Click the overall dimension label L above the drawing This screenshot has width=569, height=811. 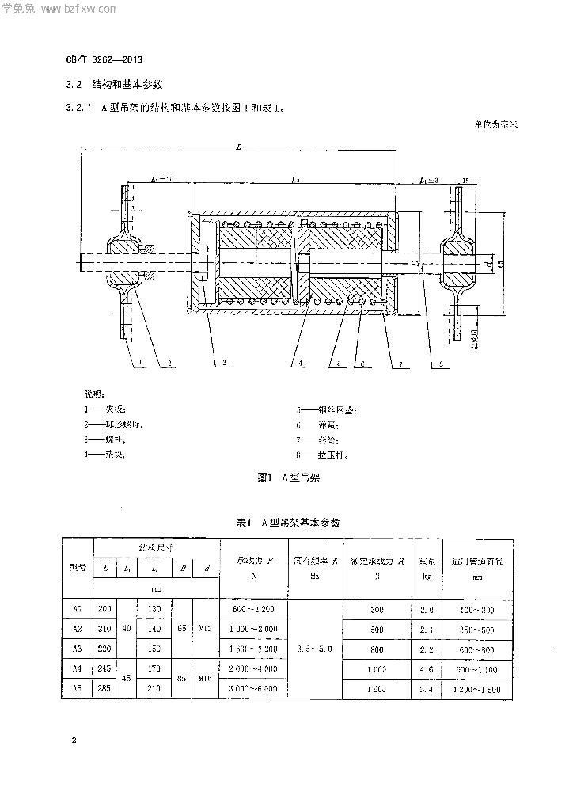tap(238, 147)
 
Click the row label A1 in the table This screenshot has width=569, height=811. tap(78, 609)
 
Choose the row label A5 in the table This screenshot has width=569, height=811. tap(78, 689)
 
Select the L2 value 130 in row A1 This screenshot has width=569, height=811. tap(154, 609)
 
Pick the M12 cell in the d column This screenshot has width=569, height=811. tap(207, 629)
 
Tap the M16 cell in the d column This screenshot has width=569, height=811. tap(207, 679)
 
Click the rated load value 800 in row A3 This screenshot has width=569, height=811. tap(377, 649)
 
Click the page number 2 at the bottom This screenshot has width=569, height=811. tap(74, 741)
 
